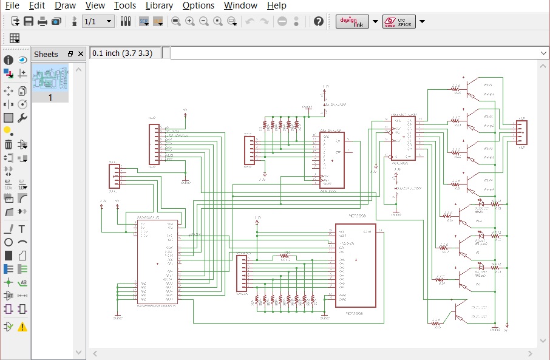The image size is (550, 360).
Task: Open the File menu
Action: [12, 5]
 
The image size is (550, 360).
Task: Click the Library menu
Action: [159, 5]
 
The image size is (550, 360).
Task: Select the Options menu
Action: [199, 5]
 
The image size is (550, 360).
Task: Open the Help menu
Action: [277, 5]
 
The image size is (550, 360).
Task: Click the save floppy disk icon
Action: [29, 21]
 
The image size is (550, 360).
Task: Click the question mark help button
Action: [319, 21]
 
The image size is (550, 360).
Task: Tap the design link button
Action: [352, 21]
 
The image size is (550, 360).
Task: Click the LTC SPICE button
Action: [399, 21]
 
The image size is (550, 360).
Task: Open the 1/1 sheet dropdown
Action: [98, 21]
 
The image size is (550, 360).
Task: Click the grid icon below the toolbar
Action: [15, 38]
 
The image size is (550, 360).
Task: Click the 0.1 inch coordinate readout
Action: [124, 53]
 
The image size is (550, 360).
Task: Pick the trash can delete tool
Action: [8, 144]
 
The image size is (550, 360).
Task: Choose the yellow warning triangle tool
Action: [22, 327]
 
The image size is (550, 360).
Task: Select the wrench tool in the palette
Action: [22, 118]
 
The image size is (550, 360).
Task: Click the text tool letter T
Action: [22, 229]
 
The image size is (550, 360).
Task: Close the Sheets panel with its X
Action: [81, 54]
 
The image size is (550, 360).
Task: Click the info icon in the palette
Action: [8, 60]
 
